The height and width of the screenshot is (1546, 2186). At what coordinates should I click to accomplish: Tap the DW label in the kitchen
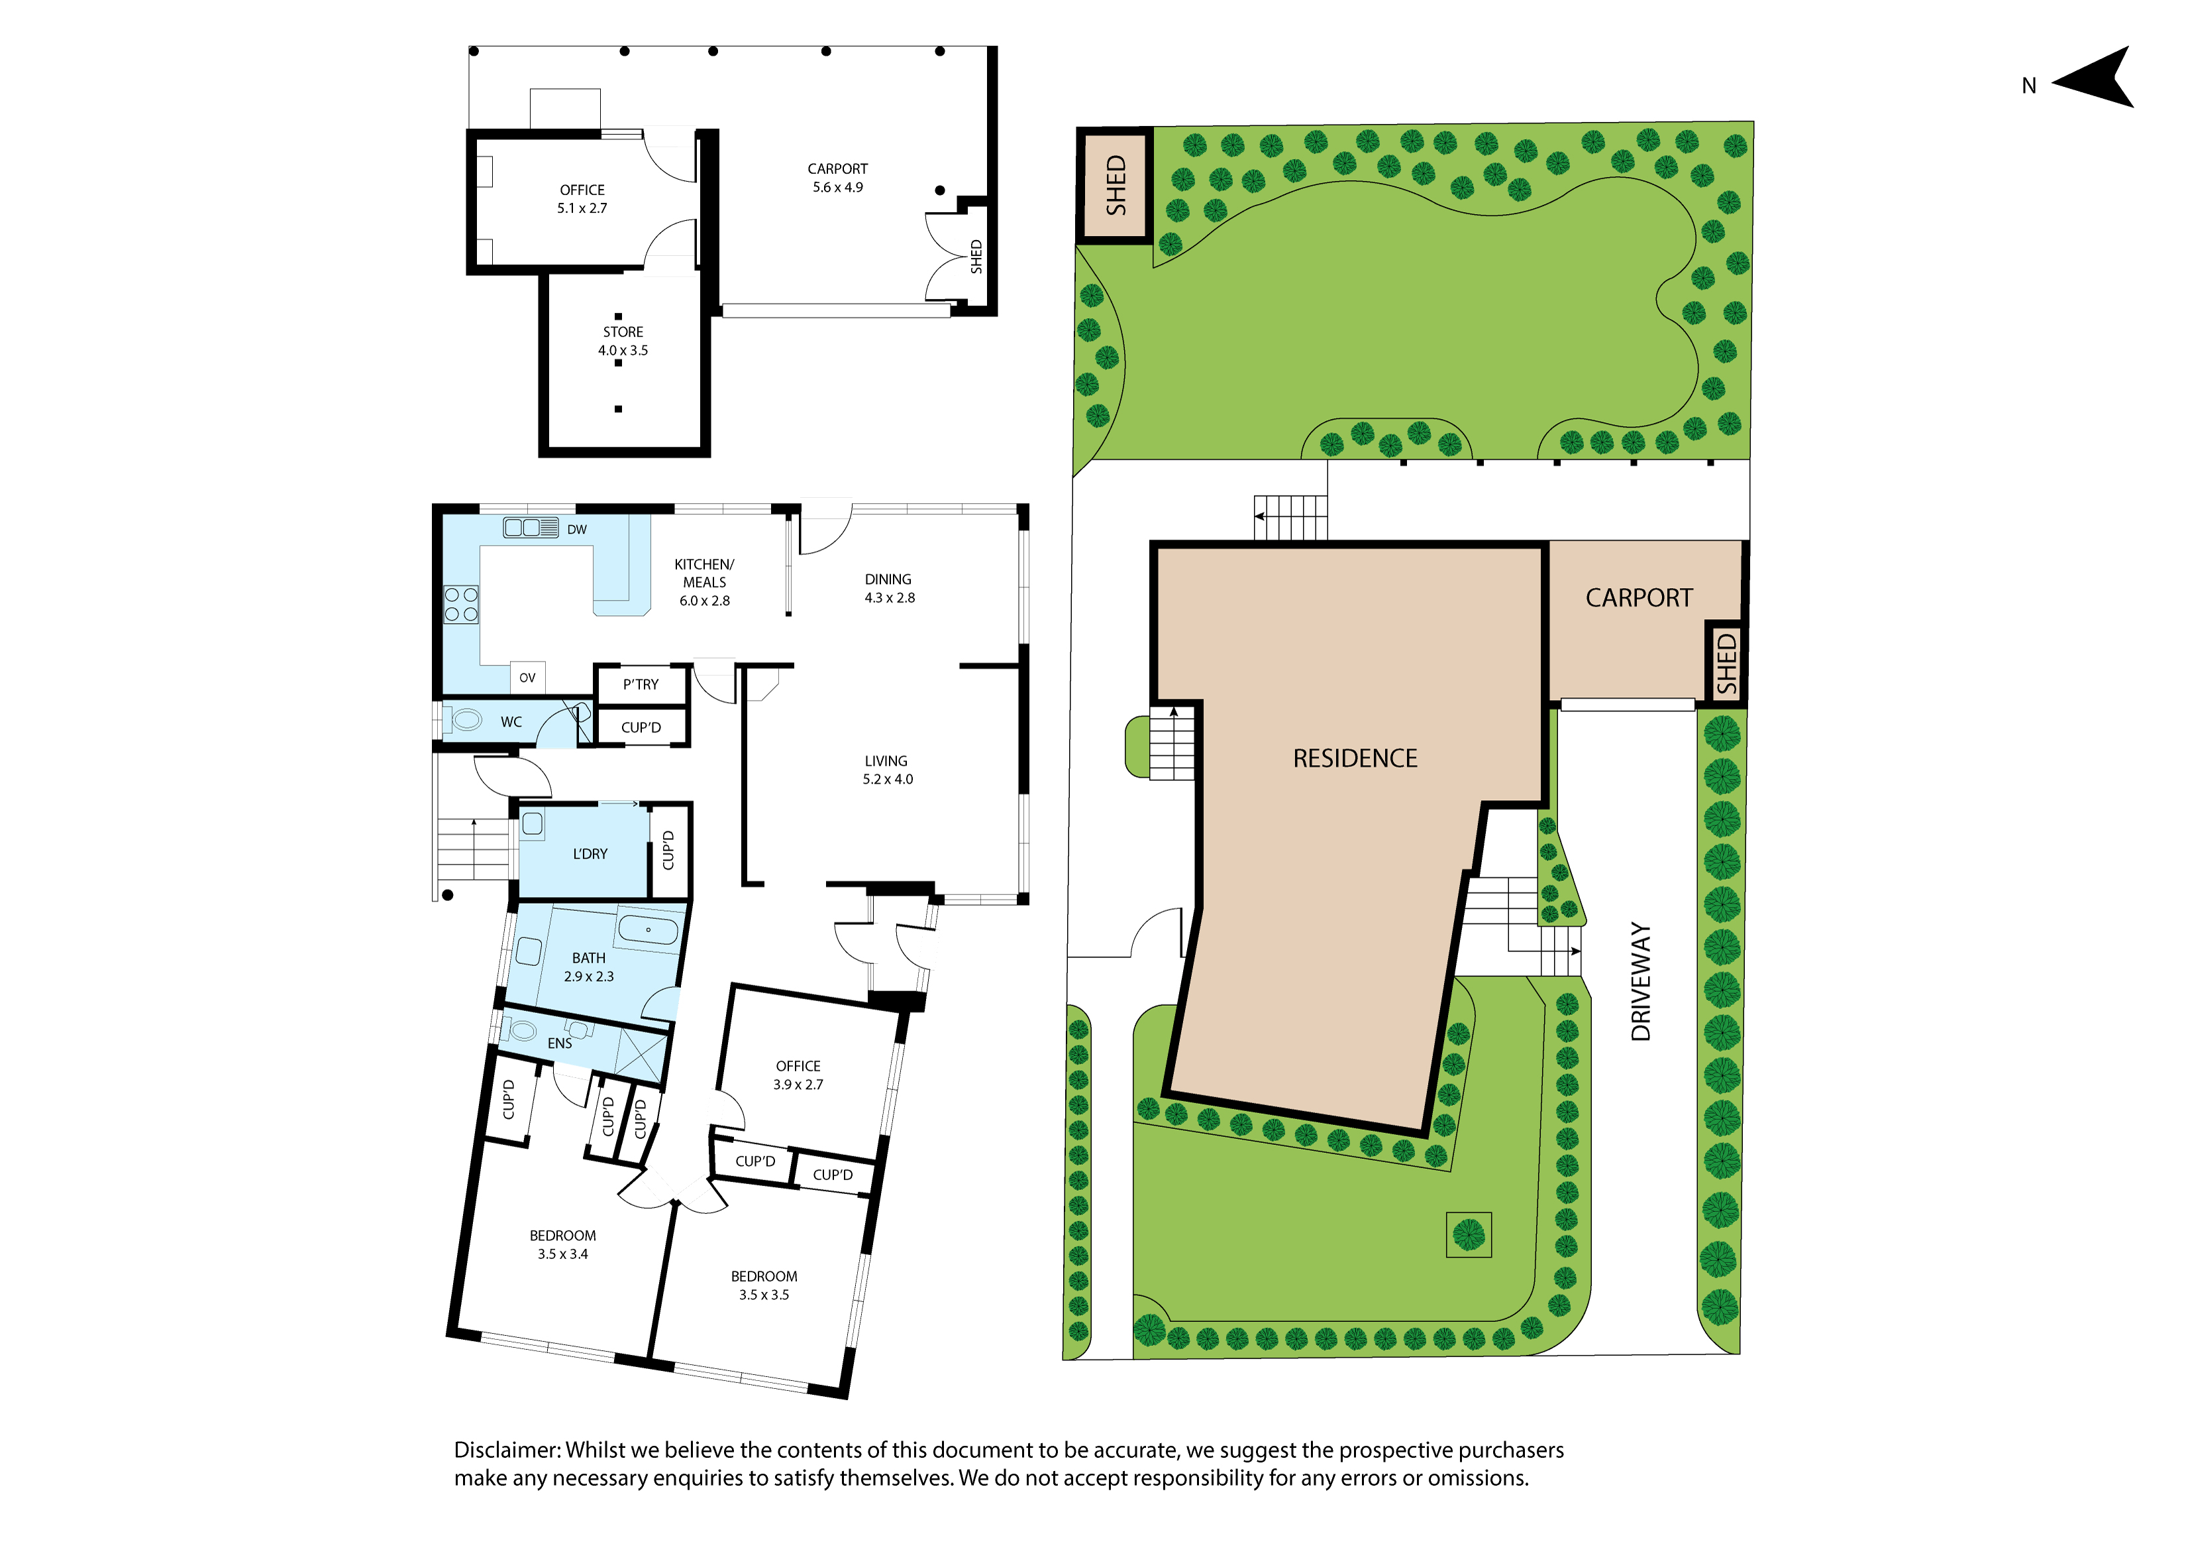[x=577, y=530]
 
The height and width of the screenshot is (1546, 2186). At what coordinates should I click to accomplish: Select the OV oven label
[x=527, y=678]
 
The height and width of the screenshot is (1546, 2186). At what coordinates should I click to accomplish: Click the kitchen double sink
[x=531, y=528]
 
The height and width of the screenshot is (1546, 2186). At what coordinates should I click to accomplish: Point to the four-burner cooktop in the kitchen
[x=462, y=605]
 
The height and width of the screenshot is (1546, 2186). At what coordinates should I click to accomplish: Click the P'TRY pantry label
[x=641, y=684]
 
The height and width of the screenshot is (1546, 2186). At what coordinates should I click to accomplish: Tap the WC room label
[x=511, y=722]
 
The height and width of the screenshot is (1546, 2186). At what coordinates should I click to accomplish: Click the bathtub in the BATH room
[x=649, y=929]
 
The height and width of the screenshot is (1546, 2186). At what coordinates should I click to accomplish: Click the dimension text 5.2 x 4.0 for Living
[x=888, y=779]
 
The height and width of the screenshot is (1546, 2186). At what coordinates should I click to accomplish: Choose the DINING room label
[x=888, y=579]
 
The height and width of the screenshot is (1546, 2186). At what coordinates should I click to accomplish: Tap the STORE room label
[x=623, y=332]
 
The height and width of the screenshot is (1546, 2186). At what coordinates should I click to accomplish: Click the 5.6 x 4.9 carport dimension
[x=838, y=188]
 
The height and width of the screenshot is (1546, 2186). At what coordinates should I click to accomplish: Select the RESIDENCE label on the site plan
[x=1355, y=758]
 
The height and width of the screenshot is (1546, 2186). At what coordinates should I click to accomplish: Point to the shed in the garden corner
[x=1115, y=185]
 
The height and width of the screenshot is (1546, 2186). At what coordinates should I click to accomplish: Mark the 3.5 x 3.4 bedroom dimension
[x=562, y=1254]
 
